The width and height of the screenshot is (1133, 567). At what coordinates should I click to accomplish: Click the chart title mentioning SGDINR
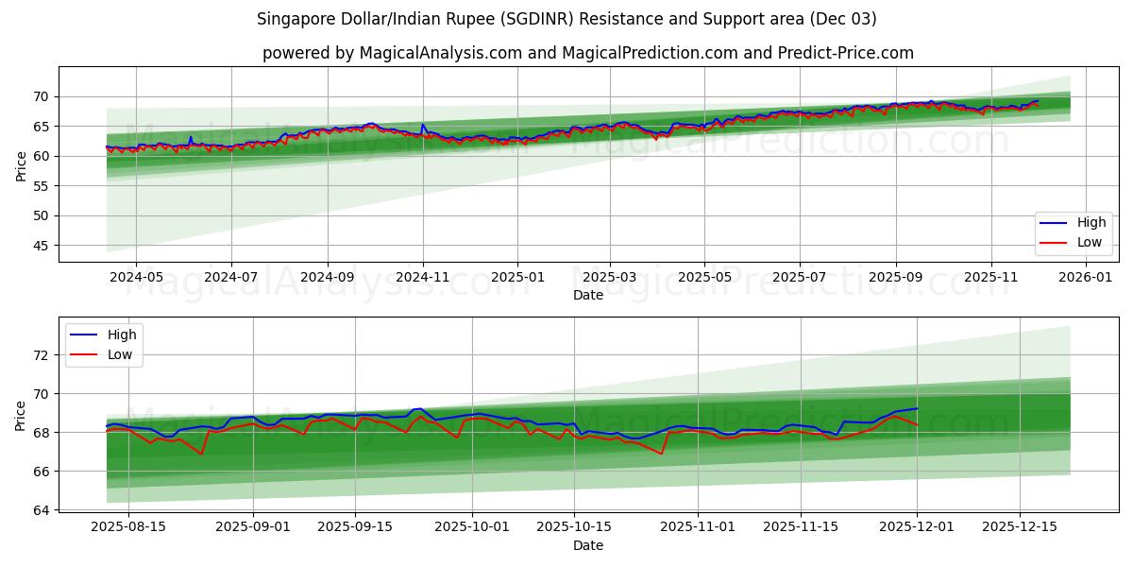point(566,19)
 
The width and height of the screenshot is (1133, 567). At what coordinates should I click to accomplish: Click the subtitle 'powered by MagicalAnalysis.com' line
point(587,53)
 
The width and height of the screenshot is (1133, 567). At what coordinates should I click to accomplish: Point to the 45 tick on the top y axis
point(42,246)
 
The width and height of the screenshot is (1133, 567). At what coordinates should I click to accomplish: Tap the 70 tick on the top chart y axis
point(42,96)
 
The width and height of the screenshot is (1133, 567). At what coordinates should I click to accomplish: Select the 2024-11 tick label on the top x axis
point(422,278)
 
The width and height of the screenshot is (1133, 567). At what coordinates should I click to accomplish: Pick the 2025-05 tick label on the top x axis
point(704,278)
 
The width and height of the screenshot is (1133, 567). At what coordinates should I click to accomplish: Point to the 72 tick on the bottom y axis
point(42,355)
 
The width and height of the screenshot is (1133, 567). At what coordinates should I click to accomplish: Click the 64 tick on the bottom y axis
point(42,510)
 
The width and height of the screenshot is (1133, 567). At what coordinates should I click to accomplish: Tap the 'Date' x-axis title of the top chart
point(587,296)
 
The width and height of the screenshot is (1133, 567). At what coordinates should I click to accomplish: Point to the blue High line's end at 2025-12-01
point(917,408)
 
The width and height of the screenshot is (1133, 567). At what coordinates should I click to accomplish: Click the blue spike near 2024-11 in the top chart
point(422,125)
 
